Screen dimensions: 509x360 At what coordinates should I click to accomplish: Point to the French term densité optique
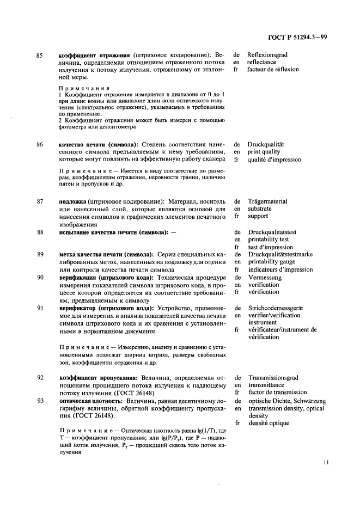pos(269,422)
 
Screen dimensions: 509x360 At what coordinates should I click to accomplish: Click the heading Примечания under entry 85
pos(84,88)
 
